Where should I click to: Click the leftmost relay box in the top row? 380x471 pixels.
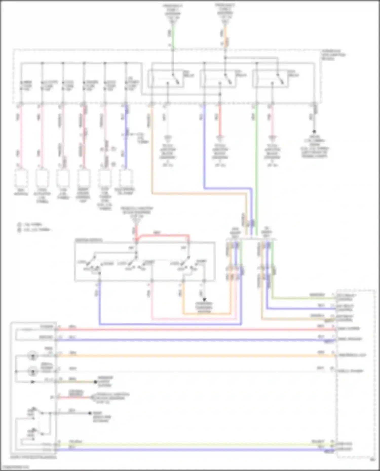(166, 79)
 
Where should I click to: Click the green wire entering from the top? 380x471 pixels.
(173, 35)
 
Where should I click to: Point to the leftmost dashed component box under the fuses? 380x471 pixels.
(21, 178)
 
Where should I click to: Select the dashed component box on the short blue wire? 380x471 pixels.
(126, 178)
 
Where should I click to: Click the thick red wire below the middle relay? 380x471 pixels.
(220, 120)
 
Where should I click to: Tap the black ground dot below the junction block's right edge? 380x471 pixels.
(314, 131)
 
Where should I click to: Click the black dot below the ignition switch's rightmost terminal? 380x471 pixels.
(204, 299)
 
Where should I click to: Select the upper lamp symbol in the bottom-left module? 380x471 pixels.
(33, 356)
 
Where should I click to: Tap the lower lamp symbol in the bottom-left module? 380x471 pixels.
(33, 372)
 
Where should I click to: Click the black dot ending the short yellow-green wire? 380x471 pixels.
(96, 382)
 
